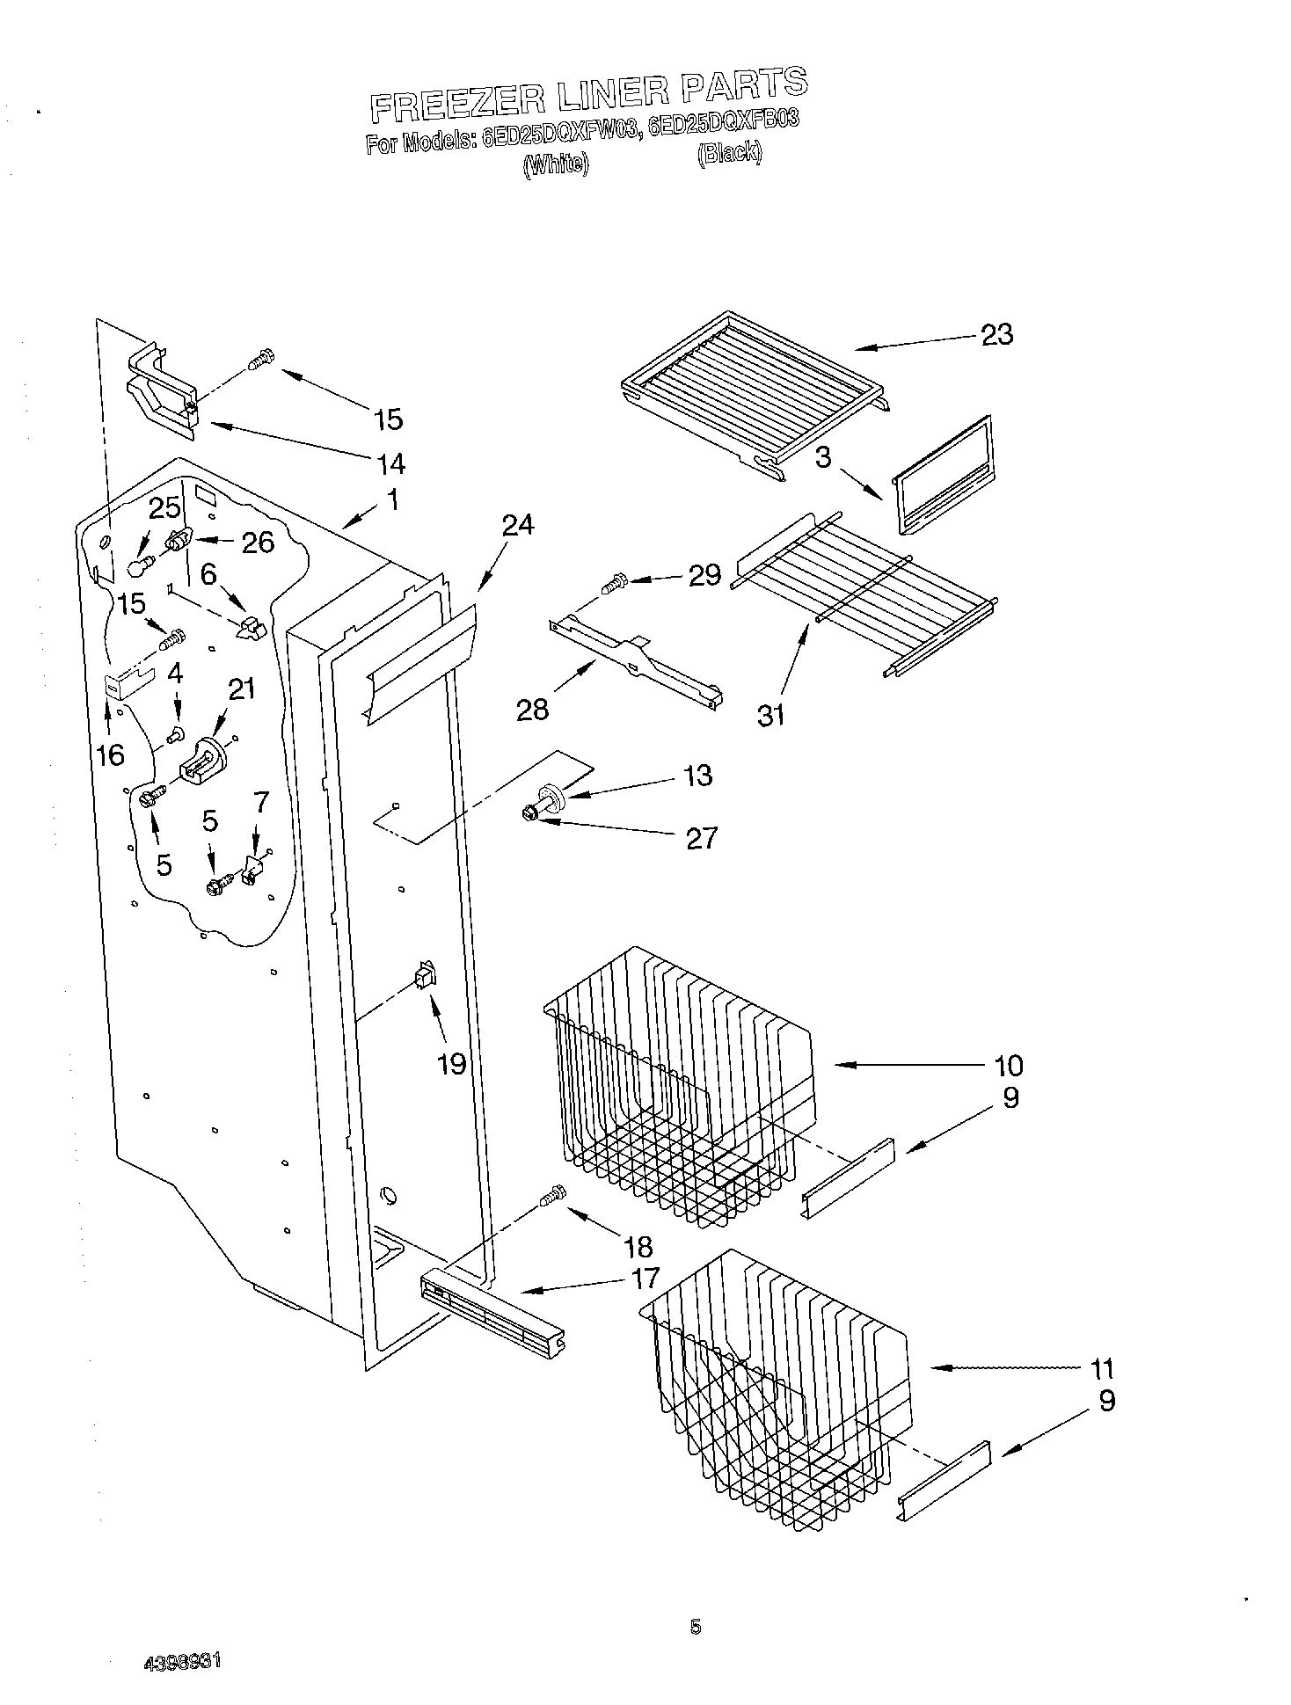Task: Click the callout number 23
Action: pos(996,334)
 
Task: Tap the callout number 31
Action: pos(771,715)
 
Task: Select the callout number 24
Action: pos(518,525)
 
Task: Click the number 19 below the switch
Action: pos(452,1064)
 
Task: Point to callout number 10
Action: pos(1009,1065)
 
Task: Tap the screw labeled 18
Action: pos(553,1195)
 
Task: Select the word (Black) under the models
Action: pos(729,152)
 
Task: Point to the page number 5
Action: pos(695,1628)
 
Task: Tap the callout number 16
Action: pos(111,754)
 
